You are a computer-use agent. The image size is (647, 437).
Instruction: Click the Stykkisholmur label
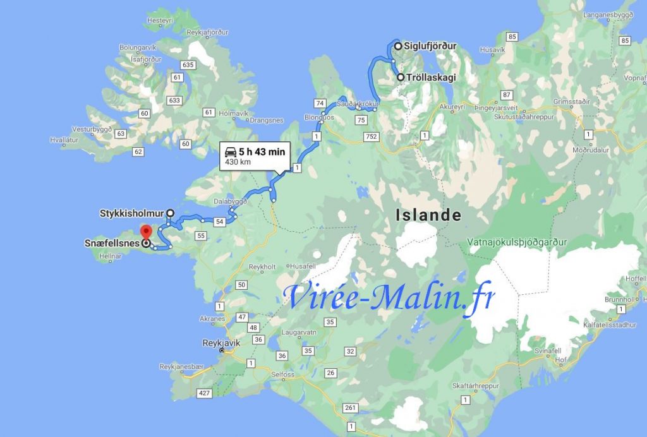coord(131,213)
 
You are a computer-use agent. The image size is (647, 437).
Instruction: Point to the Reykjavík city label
coord(202,343)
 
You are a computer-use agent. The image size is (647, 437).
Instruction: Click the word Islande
coord(428,215)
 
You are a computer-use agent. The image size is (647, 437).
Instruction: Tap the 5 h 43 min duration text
coord(262,152)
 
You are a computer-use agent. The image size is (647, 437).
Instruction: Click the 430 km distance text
coord(233,163)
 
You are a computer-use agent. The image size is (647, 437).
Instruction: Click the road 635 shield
coord(187,65)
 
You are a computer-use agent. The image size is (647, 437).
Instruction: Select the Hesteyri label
coord(159,21)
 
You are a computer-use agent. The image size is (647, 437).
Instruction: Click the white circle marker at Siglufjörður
coord(398,46)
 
